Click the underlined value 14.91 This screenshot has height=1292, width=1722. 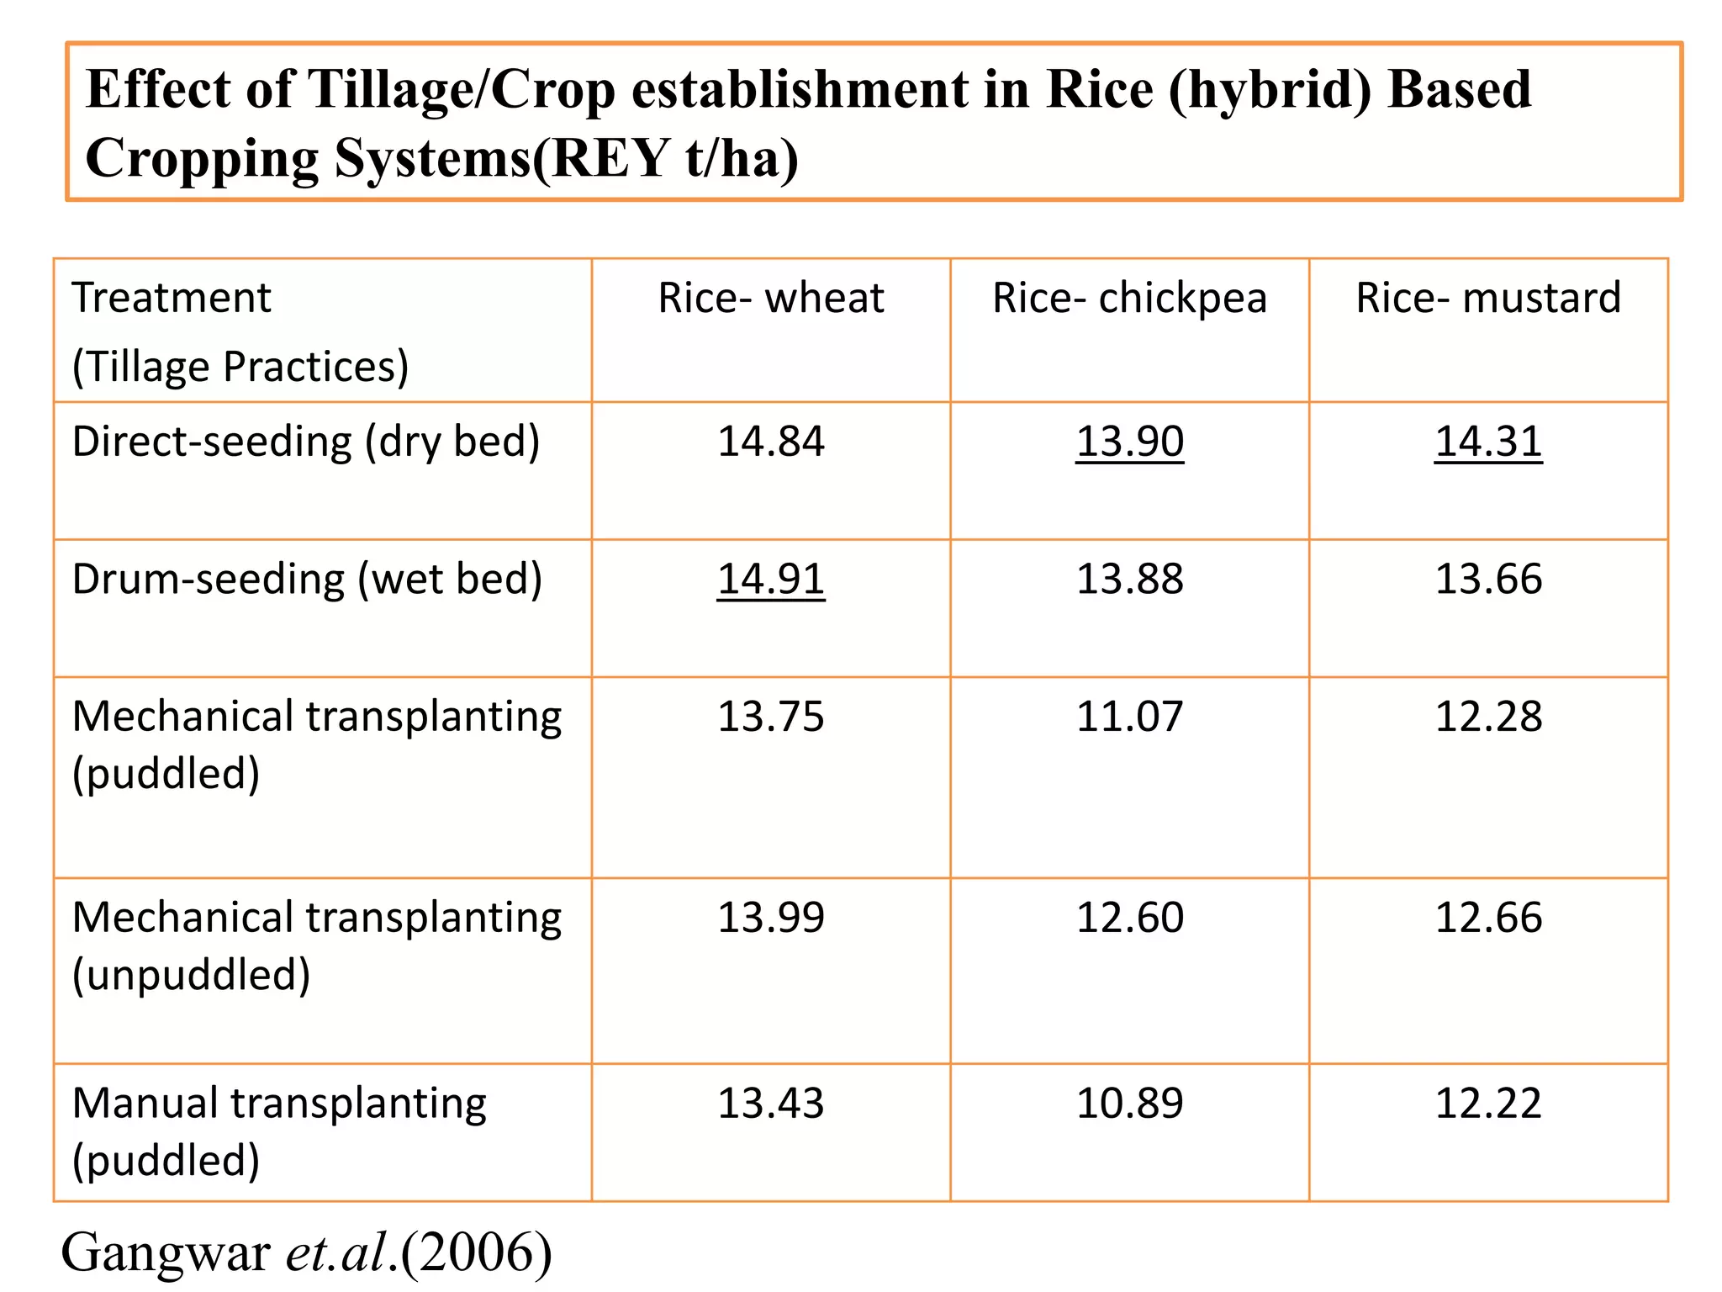coord(771,579)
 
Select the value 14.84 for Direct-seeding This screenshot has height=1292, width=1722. coord(771,442)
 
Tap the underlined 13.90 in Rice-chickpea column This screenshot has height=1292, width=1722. coord(1129,442)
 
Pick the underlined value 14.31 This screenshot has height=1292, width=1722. coord(1488,442)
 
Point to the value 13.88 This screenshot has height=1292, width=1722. coord(1129,579)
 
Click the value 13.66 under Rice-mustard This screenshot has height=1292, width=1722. coord(1488,579)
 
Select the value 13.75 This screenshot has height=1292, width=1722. coord(771,717)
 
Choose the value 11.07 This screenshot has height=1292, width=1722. coord(1129,717)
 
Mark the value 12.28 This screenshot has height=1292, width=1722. coord(1488,717)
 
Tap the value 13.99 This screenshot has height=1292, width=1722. coord(771,917)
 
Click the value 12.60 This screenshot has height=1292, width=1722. coord(1129,917)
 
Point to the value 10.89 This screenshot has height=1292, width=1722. coord(1129,1103)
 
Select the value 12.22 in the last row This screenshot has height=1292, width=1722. coord(1488,1103)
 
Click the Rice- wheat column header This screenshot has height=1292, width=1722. coord(771,298)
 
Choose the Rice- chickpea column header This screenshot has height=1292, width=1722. coord(1129,298)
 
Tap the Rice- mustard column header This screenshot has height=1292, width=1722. coord(1488,298)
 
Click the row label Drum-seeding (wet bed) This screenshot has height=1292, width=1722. coord(307,580)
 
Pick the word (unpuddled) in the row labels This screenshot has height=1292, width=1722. coord(192,975)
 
